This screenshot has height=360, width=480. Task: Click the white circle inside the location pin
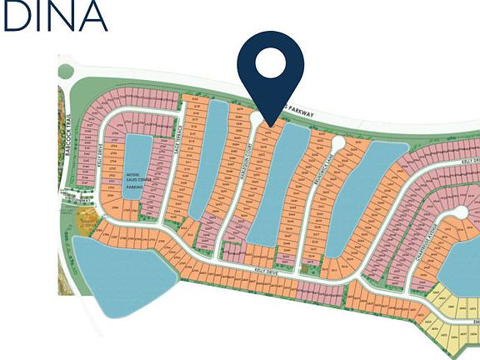point(270,62)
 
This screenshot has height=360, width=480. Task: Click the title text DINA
point(54,17)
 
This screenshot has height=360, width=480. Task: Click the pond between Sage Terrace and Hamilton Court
point(206,158)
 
